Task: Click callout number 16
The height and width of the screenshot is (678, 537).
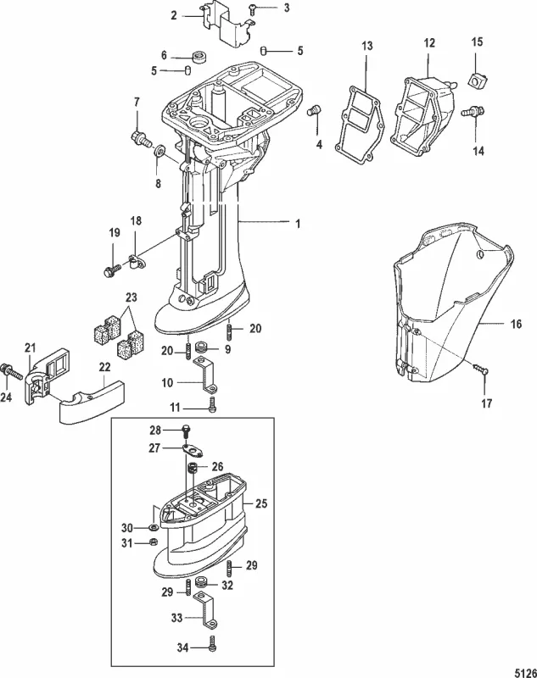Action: click(516, 324)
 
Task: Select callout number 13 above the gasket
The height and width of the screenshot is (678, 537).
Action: click(366, 43)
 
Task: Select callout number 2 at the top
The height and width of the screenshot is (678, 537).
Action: click(174, 15)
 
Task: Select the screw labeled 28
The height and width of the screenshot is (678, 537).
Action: click(185, 431)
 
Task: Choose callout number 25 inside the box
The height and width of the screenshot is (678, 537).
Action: click(262, 503)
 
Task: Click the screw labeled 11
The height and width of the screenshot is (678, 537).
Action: click(212, 408)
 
